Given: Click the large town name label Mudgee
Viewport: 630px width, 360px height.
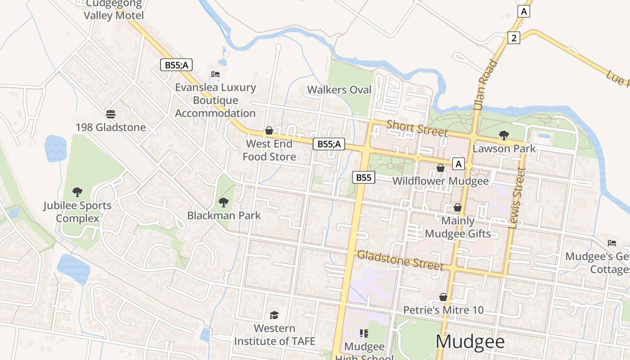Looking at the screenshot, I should [470, 342].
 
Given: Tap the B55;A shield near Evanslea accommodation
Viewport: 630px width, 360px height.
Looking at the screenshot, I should [176, 65].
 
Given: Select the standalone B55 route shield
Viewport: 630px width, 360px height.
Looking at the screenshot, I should [364, 177].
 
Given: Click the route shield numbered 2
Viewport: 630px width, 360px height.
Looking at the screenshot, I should [514, 38].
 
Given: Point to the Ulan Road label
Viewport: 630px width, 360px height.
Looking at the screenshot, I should [486, 85].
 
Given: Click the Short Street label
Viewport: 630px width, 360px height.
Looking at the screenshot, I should [417, 128].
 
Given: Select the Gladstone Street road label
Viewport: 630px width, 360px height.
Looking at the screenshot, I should [400, 261].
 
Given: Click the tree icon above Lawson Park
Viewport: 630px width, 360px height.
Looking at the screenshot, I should [504, 135].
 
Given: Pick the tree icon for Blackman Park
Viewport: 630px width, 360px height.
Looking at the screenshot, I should [223, 202].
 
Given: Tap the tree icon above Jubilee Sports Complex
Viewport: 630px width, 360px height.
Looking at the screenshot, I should [77, 192].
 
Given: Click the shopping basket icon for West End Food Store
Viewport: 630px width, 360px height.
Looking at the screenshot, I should [269, 130].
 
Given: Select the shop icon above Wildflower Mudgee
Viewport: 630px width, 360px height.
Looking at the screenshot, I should [441, 168].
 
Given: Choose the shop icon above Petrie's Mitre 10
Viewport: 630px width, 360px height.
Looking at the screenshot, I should [443, 297].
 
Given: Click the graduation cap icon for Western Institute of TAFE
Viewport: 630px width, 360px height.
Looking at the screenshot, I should [274, 315].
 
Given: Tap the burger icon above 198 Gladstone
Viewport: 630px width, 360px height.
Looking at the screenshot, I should [110, 114].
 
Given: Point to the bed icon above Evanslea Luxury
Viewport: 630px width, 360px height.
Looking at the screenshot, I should [216, 74].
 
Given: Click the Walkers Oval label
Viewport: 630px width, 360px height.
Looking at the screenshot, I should [339, 90].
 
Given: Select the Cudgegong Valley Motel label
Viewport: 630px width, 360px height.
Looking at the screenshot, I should [114, 10].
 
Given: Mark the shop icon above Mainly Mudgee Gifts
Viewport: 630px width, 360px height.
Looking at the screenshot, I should [458, 207].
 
